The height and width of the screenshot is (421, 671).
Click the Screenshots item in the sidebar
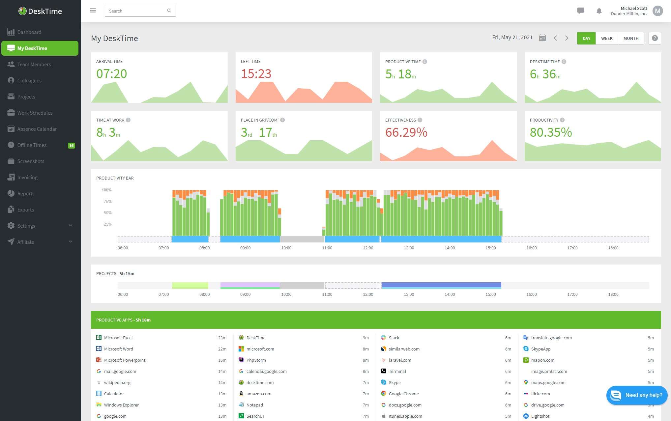[31, 161]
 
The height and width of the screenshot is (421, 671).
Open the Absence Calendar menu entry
[37, 129]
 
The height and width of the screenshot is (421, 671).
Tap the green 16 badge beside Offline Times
[71, 145]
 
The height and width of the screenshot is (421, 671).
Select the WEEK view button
[606, 38]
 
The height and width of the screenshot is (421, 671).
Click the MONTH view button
[631, 38]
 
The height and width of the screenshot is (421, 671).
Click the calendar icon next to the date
[542, 38]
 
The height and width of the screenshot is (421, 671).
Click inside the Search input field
[137, 11]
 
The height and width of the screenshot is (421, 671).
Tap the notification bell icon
[599, 11]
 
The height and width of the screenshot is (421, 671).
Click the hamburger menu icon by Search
[93, 11]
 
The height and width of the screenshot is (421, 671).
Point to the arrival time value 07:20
[111, 74]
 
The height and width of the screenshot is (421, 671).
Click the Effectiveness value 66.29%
[406, 132]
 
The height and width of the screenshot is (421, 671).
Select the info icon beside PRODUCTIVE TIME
[425, 62]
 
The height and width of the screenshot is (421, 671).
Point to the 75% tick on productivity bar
[107, 201]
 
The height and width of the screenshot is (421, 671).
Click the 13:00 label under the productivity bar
[409, 248]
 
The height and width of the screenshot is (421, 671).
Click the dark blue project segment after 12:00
[441, 284]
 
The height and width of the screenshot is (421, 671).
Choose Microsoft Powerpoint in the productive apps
[125, 360]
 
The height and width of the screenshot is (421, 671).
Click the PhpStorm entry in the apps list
[256, 360]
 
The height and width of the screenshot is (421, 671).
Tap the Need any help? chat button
[637, 395]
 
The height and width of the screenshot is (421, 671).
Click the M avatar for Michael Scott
[657, 11]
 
